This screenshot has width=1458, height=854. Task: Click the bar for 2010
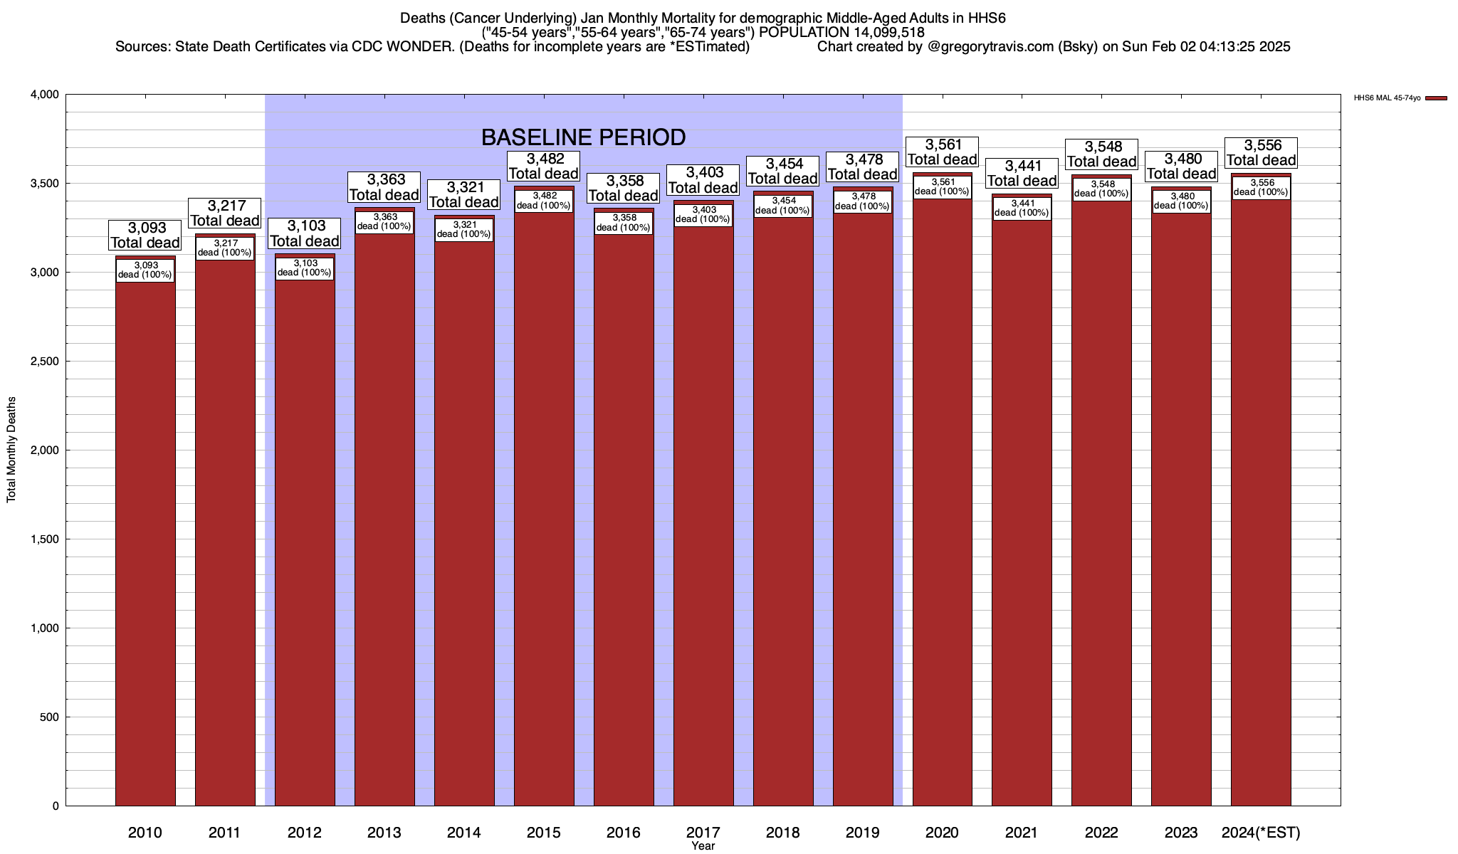[x=145, y=541]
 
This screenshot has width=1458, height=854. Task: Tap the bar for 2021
[x=1022, y=512]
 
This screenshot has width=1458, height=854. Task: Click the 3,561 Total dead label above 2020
[x=942, y=152]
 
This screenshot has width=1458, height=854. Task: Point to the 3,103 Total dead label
[x=305, y=233]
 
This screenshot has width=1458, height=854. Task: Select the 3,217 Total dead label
[x=225, y=213]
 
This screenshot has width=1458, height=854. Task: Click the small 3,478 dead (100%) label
[x=862, y=202]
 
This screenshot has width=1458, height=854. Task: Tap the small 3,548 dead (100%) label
[x=1101, y=189]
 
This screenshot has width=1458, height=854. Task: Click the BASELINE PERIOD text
[x=583, y=137]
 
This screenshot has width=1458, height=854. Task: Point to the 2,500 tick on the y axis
[x=44, y=362]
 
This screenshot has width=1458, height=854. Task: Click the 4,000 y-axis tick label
[x=44, y=95]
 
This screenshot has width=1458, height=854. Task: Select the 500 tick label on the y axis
[x=50, y=717]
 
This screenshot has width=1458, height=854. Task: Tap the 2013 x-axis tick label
[x=384, y=833]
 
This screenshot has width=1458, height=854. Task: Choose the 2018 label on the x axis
[x=782, y=833]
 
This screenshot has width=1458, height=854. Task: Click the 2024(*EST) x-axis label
[x=1261, y=833]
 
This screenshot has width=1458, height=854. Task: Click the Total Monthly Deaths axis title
[x=11, y=449]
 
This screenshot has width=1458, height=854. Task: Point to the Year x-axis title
[x=703, y=846]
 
